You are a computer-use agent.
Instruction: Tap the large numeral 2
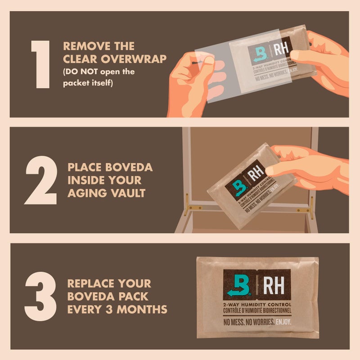(x=40, y=180)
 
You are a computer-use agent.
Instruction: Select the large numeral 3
(x=40, y=296)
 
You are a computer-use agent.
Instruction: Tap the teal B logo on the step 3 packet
(x=237, y=285)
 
